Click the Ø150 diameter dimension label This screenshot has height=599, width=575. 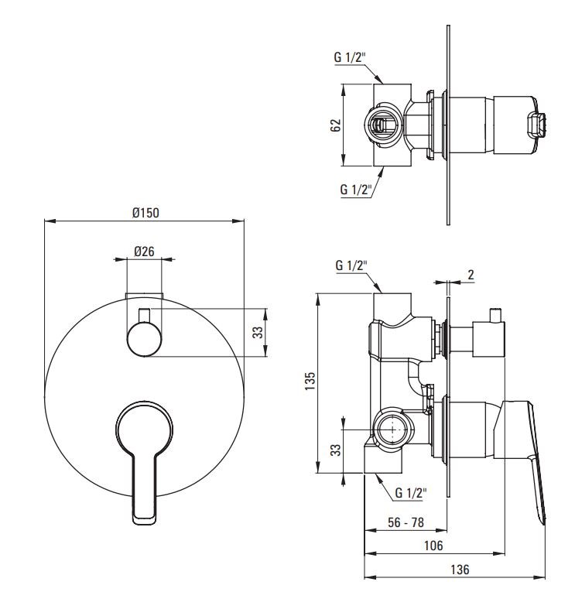click(x=145, y=213)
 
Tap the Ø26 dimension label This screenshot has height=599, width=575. click(x=144, y=252)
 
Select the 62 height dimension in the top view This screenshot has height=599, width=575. click(x=335, y=125)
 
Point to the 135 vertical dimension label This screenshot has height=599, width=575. click(x=310, y=381)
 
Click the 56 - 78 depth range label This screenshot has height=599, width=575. click(x=406, y=522)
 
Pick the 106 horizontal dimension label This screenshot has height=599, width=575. click(x=433, y=546)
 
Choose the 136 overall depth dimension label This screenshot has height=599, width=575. click(x=460, y=570)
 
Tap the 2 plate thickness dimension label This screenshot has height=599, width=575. click(x=471, y=275)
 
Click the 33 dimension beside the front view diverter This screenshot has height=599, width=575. click(x=258, y=332)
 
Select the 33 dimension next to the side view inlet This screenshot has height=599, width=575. click(x=335, y=450)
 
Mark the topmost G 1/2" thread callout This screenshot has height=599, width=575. click(x=350, y=57)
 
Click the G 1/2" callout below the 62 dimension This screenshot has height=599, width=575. click(x=356, y=189)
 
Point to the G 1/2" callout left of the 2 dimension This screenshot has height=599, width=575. click(x=351, y=265)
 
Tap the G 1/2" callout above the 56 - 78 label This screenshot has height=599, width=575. click(x=411, y=493)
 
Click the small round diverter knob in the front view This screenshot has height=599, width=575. click(x=145, y=339)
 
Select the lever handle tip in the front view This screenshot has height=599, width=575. click(x=144, y=519)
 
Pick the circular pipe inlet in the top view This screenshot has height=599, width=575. click(x=382, y=125)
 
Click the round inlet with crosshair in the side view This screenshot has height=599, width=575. click(x=393, y=430)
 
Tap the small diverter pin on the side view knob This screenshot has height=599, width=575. click(x=495, y=314)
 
